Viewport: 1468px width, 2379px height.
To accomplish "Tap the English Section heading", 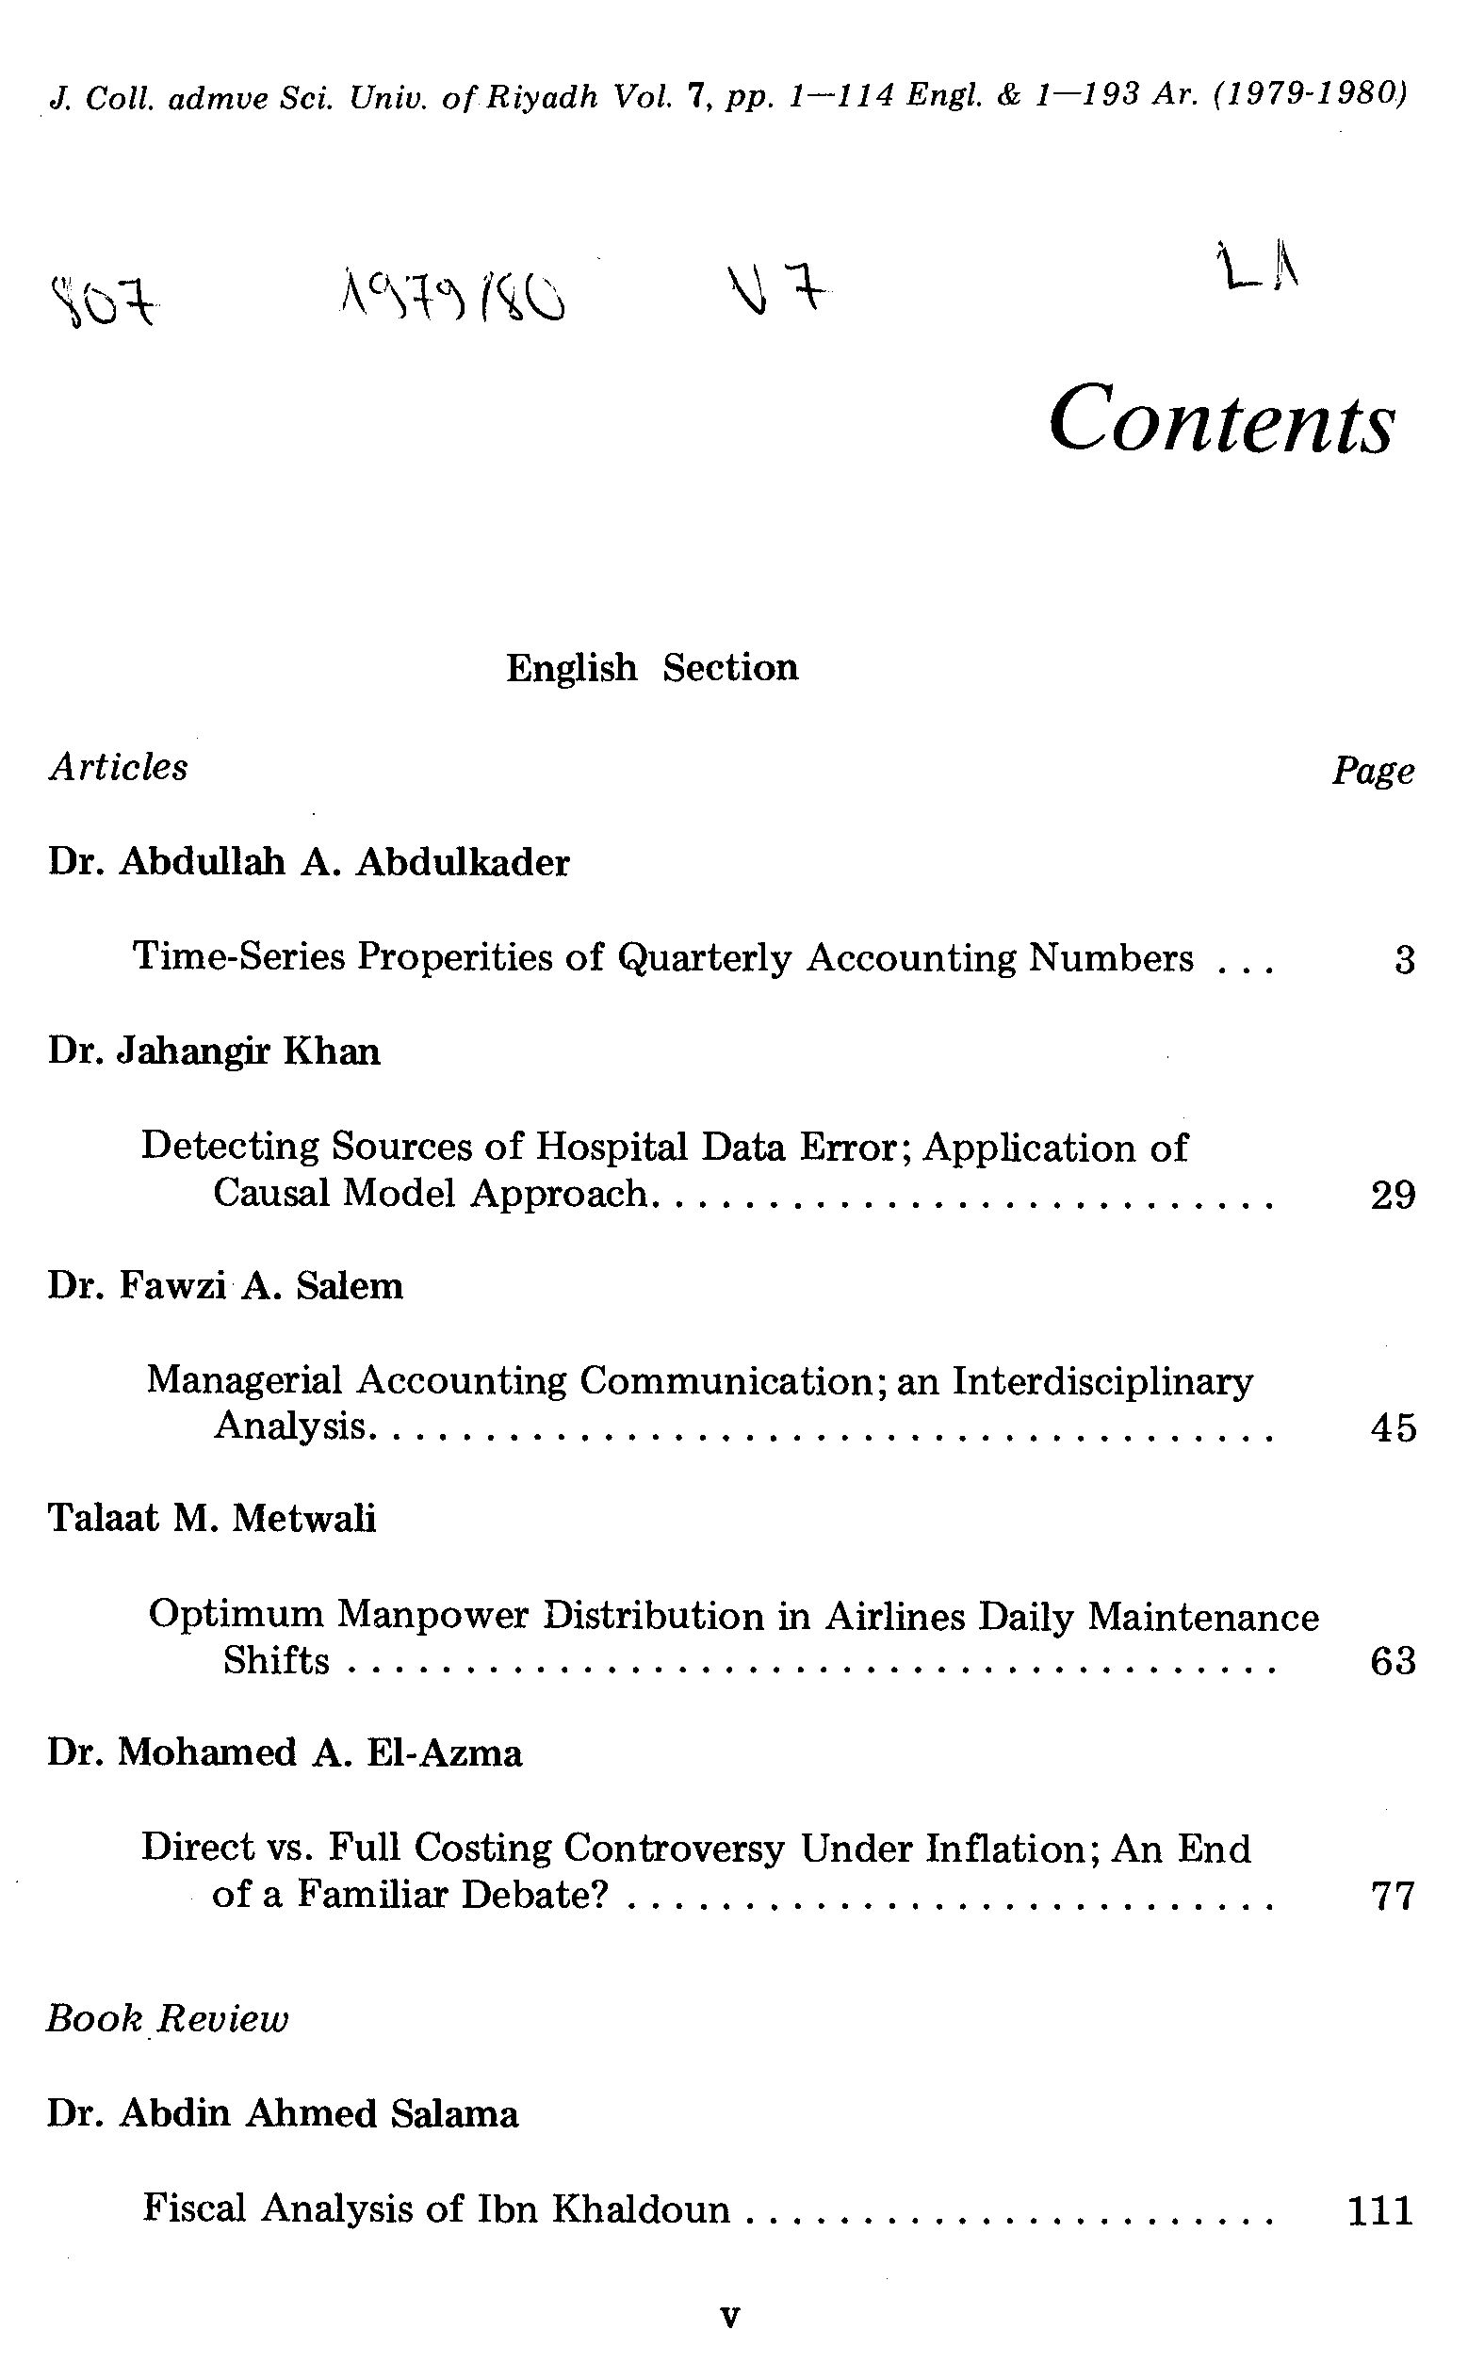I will tap(651, 668).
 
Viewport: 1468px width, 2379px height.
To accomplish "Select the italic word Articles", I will tap(119, 767).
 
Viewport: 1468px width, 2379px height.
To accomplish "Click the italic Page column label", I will tap(1372, 772).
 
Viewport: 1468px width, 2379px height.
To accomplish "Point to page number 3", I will tap(1404, 961).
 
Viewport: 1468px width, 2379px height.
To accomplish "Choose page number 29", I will tap(1393, 1195).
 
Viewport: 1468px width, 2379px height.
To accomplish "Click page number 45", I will tap(1393, 1427).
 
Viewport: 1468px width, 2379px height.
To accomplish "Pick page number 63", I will tap(1393, 1661).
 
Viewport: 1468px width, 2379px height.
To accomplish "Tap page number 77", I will tap(1393, 1895).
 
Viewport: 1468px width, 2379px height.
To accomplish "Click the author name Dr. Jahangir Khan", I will tap(214, 1051).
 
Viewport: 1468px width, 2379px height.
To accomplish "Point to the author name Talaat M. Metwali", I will tap(212, 1518).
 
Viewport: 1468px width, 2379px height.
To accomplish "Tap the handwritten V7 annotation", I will tap(776, 290).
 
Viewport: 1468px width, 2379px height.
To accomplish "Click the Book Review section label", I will tap(167, 2020).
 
